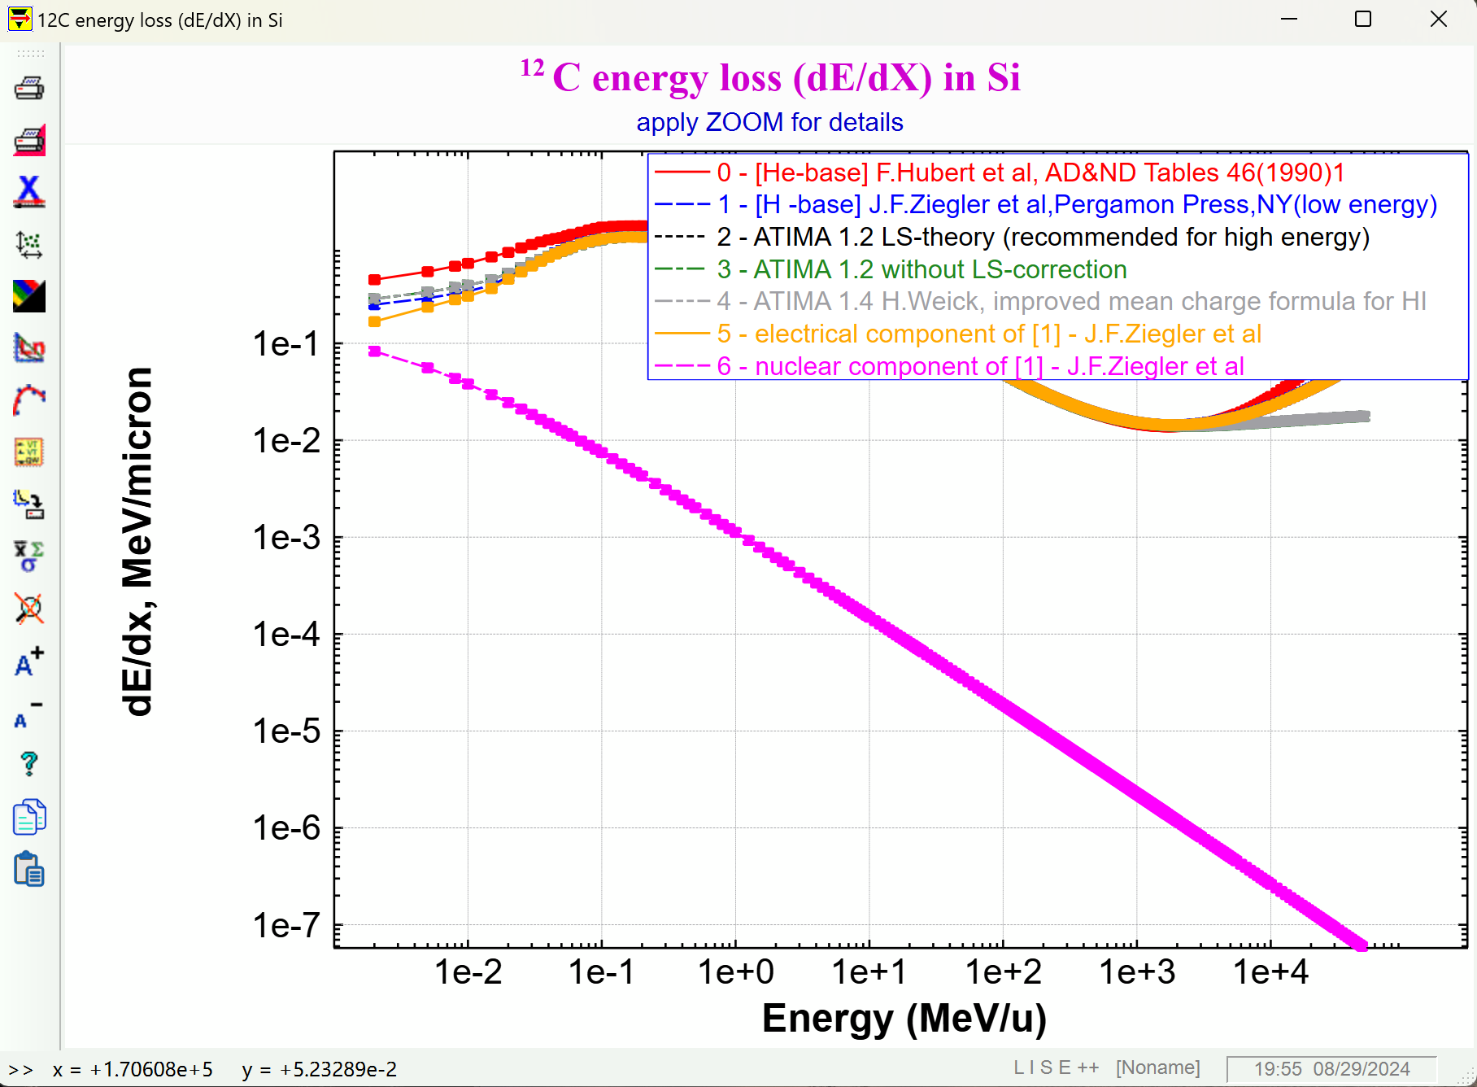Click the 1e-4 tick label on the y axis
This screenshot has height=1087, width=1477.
(286, 635)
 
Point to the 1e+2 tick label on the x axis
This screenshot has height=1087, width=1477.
(1003, 972)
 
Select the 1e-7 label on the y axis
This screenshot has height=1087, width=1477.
(286, 926)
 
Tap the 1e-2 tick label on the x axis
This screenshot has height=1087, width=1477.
(468, 972)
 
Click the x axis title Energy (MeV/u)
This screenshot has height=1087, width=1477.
(904, 1019)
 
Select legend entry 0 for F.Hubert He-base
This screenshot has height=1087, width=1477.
(1030, 172)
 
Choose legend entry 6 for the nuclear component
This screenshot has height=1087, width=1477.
(979, 366)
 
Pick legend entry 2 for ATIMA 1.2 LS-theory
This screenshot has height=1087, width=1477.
(1043, 237)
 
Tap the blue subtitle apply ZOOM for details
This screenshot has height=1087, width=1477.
(769, 122)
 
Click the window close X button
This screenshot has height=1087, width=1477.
(1438, 19)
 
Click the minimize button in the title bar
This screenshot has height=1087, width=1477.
(1288, 19)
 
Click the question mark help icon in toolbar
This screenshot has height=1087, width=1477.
(29, 763)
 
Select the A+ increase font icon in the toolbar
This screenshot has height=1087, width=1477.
(29, 661)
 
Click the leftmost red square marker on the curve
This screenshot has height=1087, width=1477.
(374, 280)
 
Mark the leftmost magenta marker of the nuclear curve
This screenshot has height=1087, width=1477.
(374, 351)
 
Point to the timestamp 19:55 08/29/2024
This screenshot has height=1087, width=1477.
(1331, 1069)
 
